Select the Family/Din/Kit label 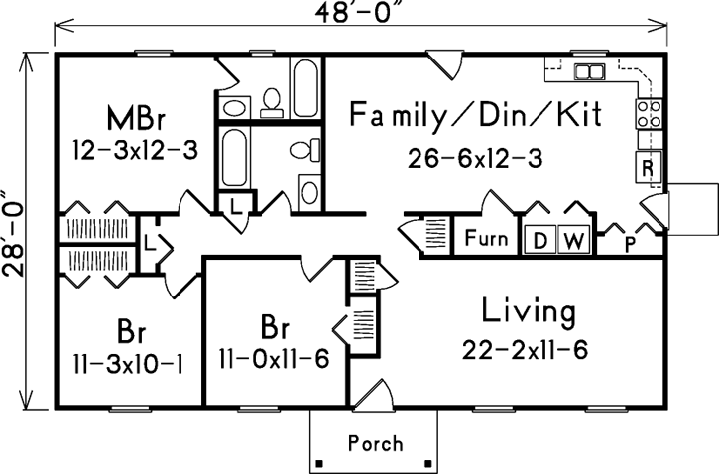coord(476,117)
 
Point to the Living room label coord(528,311)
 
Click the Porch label coord(374,442)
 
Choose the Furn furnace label coord(486,239)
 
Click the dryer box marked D coord(540,240)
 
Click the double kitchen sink coord(590,71)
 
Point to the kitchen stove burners coord(649,114)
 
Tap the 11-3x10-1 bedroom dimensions coord(128,362)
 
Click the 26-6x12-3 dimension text coord(474,159)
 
